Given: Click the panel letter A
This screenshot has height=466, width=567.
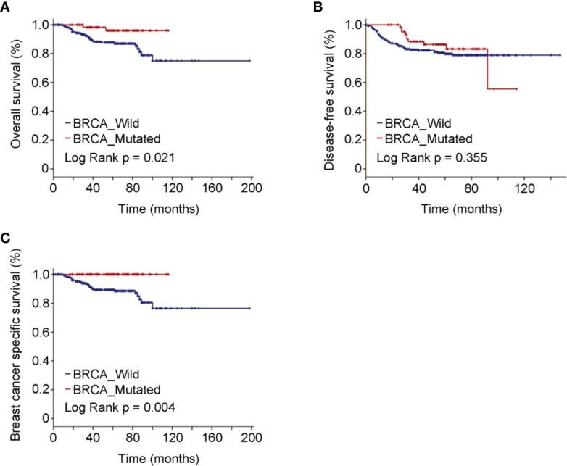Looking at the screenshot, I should [x=6, y=7].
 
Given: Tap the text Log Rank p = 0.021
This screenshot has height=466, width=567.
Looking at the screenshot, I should [x=110, y=155].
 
